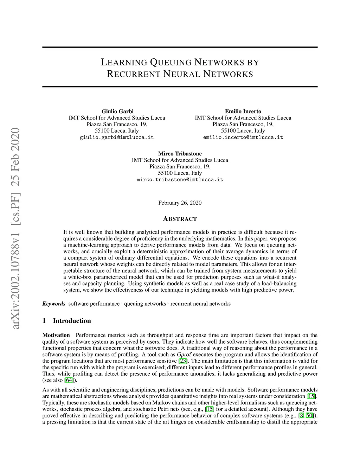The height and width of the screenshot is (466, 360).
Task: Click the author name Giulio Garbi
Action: point(117,111)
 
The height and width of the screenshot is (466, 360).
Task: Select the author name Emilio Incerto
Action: point(243,111)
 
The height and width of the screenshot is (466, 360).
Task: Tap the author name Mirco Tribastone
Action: point(180,154)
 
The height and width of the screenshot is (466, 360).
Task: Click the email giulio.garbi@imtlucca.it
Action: point(117,137)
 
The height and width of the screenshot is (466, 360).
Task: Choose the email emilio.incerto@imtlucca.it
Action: point(243,137)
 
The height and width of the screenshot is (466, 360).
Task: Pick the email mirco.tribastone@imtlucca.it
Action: point(180,179)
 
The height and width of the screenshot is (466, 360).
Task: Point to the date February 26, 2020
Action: point(180,203)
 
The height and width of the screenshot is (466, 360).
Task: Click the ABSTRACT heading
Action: point(180,219)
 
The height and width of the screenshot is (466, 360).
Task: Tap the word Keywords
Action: point(54,304)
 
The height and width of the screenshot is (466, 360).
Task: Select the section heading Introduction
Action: point(72,321)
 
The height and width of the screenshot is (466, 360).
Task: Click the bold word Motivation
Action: point(56,335)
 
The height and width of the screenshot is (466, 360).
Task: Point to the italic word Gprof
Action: point(184,355)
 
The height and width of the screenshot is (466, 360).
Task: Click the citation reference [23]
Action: point(183,361)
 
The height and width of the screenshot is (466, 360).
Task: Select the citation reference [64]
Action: point(69,380)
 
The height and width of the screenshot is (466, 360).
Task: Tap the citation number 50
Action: point(309,415)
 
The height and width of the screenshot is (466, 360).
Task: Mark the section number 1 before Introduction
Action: point(44,321)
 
